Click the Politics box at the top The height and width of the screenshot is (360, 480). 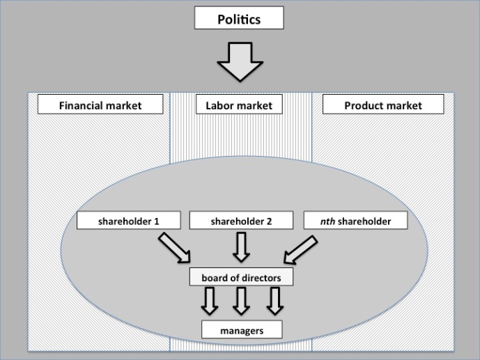tap(240, 18)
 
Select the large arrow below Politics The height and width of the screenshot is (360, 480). tap(240, 63)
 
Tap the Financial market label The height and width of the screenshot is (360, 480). tap(100, 106)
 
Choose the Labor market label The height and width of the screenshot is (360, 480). tap(239, 106)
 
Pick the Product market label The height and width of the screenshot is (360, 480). tap(382, 106)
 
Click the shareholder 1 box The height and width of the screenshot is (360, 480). tap(128, 221)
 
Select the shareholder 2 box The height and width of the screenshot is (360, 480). tap(240, 221)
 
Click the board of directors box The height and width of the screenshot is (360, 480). tap(241, 278)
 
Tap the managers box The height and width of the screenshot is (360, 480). tap(242, 330)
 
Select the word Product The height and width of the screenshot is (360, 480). tap(362, 106)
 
